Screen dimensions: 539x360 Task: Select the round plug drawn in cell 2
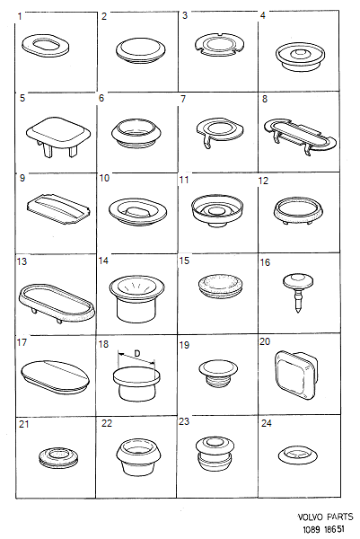pos(137,49)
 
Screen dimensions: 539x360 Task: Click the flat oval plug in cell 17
pos(54,375)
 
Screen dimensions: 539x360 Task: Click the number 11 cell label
pos(184,180)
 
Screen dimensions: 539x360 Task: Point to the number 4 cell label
pos(263,16)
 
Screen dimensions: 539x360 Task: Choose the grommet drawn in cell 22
pos(137,457)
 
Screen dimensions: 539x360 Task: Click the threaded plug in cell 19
pos(215,372)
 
